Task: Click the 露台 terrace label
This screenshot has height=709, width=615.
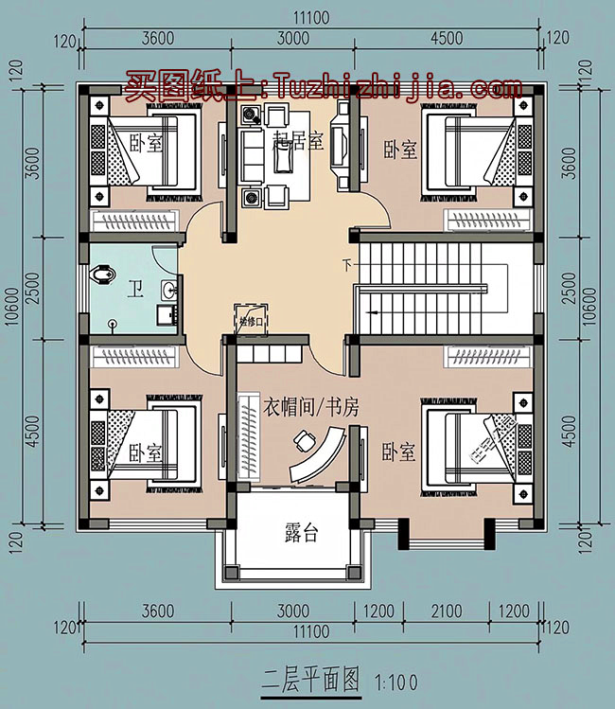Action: (x=301, y=534)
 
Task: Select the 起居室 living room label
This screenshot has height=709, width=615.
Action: (x=298, y=143)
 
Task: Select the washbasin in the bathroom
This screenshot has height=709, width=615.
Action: (x=167, y=289)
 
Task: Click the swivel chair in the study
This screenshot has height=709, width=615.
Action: (x=304, y=441)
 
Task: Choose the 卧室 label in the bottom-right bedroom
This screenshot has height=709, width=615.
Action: (x=398, y=452)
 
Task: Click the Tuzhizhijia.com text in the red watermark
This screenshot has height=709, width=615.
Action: (x=398, y=88)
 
